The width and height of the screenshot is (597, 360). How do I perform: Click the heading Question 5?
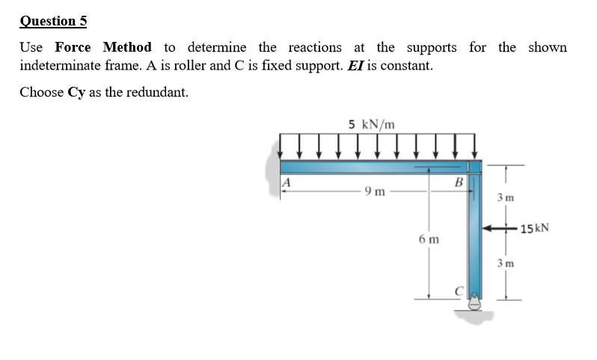click(53, 21)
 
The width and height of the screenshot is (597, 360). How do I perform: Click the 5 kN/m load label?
click(371, 123)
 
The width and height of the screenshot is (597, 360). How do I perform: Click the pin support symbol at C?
click(474, 302)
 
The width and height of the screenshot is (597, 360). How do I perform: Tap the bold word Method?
click(127, 48)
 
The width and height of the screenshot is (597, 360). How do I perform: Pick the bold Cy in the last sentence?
click(76, 93)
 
